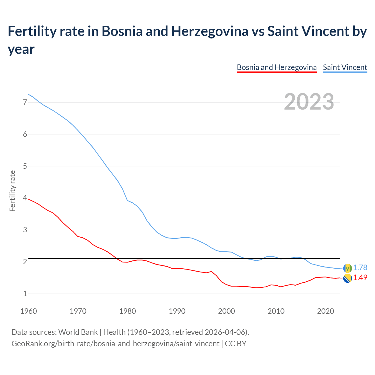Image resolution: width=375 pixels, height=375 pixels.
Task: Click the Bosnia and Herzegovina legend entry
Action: [x=277, y=67]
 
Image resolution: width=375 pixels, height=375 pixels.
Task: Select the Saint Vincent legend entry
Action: [x=345, y=67]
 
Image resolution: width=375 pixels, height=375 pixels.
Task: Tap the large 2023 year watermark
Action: [x=309, y=102]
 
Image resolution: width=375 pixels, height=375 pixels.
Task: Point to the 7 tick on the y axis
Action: [x=25, y=102]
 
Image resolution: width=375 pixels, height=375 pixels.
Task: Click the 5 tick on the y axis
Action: [x=25, y=166]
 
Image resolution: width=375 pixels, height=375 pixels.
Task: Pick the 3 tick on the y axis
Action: [x=25, y=230]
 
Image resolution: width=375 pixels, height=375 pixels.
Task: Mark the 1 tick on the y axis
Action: [x=25, y=294]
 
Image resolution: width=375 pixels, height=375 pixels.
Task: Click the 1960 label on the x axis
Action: [x=28, y=311]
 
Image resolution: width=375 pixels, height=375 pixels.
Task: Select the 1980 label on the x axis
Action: [x=127, y=311]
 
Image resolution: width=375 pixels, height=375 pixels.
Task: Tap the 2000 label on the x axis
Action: [x=226, y=311]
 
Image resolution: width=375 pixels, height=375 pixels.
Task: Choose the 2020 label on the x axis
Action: [x=325, y=311]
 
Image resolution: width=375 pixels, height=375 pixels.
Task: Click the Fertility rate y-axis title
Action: [x=12, y=191]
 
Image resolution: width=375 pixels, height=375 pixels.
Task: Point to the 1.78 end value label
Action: [x=360, y=268]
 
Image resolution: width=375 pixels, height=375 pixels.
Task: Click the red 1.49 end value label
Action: [x=360, y=277]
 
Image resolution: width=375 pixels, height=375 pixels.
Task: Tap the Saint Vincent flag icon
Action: [x=347, y=268]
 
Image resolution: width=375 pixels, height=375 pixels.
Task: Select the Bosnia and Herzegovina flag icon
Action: [x=347, y=279]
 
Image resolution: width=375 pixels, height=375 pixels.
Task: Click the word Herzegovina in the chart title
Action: [x=209, y=31]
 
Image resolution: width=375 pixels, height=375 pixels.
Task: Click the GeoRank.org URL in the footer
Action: [x=115, y=343]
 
